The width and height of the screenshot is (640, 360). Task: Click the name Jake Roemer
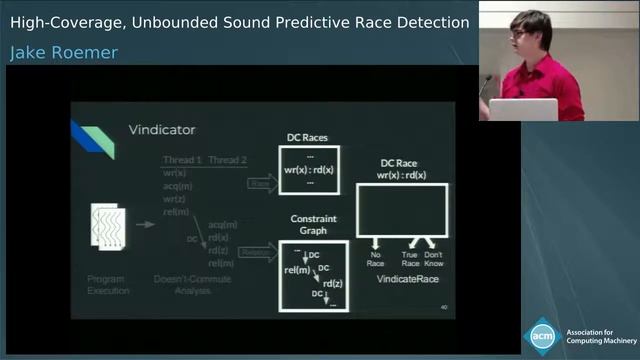64,53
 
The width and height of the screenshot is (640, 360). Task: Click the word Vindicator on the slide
162,129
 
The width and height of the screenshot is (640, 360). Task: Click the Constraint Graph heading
313,224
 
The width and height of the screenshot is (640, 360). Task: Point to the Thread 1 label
182,160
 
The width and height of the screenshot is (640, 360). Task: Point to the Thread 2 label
227,160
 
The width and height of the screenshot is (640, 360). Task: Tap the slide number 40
444,307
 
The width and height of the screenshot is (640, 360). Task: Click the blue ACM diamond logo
542,336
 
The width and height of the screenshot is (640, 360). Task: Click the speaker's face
526,34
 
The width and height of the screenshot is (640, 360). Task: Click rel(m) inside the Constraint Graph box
297,269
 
